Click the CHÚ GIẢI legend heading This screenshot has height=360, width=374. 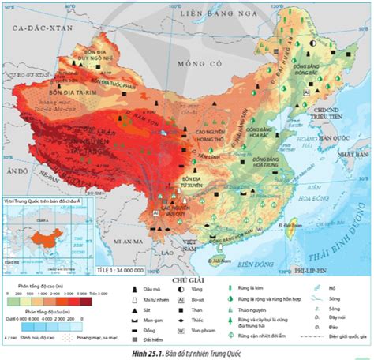tap(185, 279)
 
